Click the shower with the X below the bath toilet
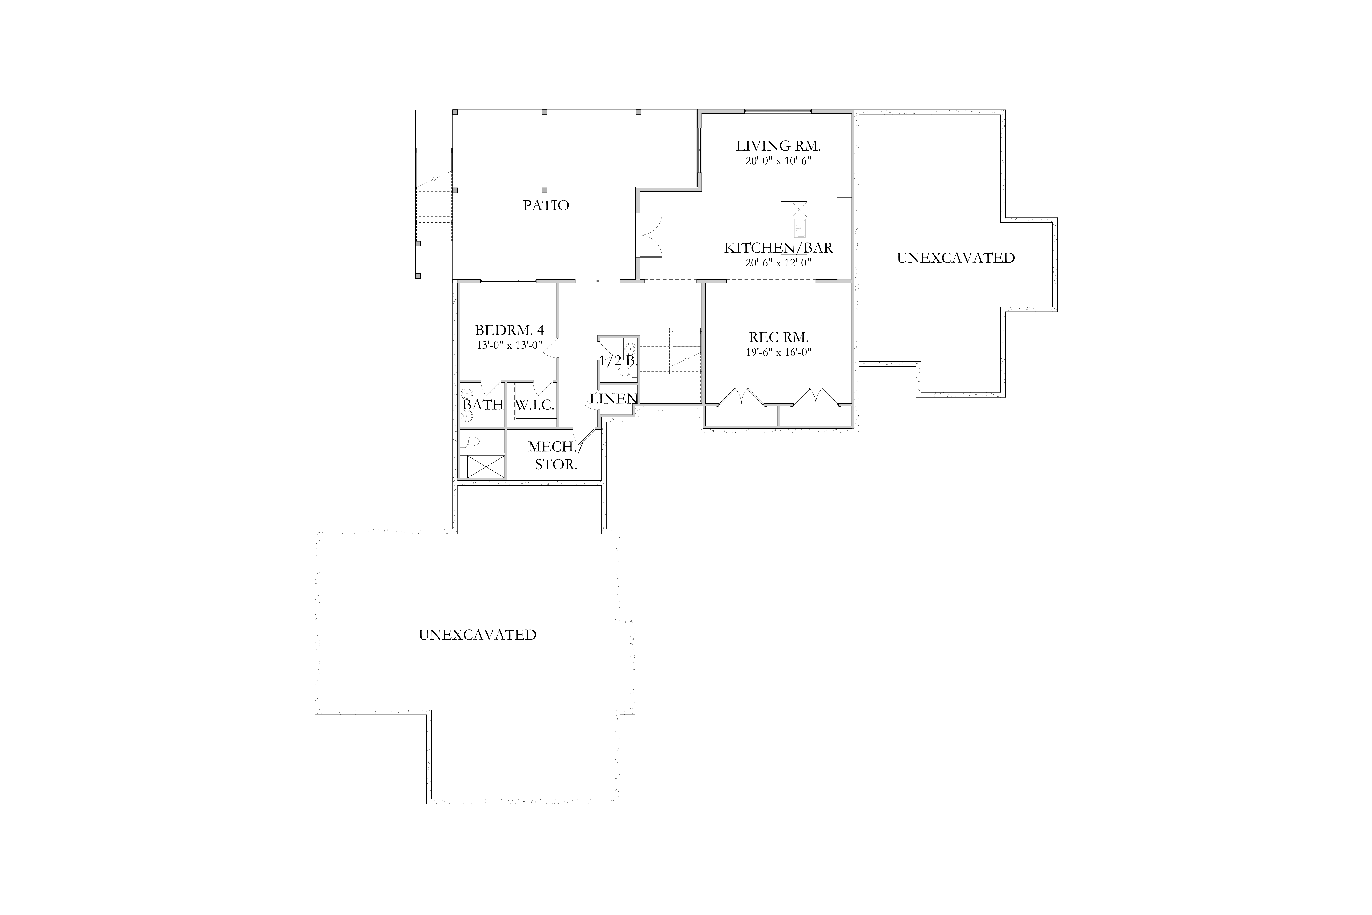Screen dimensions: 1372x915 point(482,467)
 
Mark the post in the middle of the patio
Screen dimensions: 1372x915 point(544,190)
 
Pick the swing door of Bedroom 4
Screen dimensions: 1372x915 point(551,345)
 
